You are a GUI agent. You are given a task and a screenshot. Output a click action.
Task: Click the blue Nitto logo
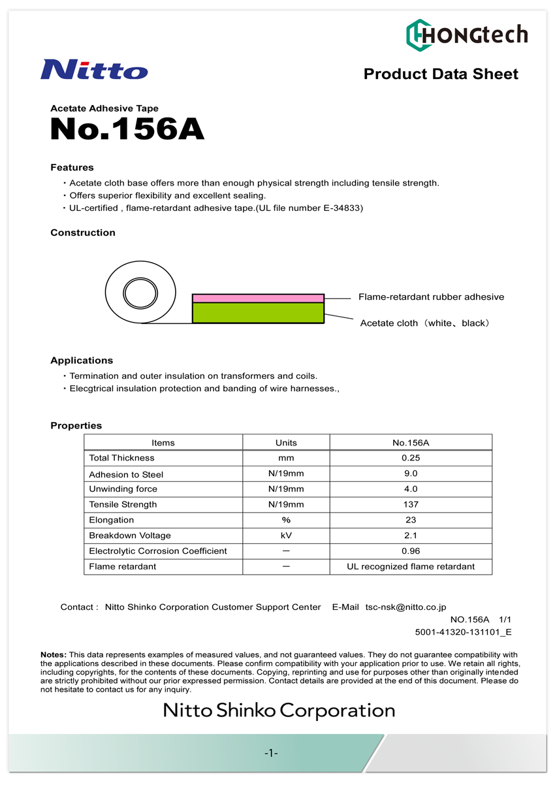pyautogui.click(x=94, y=69)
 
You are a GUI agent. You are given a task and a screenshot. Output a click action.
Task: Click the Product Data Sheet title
pyautogui.click(x=441, y=74)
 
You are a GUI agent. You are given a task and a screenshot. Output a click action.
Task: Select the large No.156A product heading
pyautogui.click(x=127, y=129)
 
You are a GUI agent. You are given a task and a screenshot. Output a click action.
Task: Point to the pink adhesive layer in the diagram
pyautogui.click(x=258, y=298)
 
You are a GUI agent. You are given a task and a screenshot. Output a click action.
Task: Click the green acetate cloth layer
pyautogui.click(x=258, y=313)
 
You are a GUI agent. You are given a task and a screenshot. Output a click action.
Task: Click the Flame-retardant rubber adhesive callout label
pyautogui.click(x=431, y=297)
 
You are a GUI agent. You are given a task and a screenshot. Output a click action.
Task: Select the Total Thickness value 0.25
pyautogui.click(x=410, y=458)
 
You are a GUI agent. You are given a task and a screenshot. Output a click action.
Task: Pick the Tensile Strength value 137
pyautogui.click(x=410, y=505)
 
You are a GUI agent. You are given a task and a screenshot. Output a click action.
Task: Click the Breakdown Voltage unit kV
pyautogui.click(x=286, y=536)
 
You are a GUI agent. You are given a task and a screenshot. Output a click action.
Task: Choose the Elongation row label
pyautogui.click(x=111, y=521)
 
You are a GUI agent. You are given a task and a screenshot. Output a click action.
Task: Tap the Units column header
pyautogui.click(x=286, y=443)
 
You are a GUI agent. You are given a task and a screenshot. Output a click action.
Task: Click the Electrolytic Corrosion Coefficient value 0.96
pyautogui.click(x=410, y=551)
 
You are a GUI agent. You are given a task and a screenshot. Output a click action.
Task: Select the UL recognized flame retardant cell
pyautogui.click(x=410, y=567)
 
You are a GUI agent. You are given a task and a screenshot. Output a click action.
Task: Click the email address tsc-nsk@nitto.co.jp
pyautogui.click(x=405, y=607)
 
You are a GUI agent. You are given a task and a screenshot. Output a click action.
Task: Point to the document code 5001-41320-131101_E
pyautogui.click(x=463, y=632)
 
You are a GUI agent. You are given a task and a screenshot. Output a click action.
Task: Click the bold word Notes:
pyautogui.click(x=54, y=654)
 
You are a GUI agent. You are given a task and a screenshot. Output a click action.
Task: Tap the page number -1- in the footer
pyautogui.click(x=272, y=754)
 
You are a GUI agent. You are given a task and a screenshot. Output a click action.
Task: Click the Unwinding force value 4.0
pyautogui.click(x=410, y=489)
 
